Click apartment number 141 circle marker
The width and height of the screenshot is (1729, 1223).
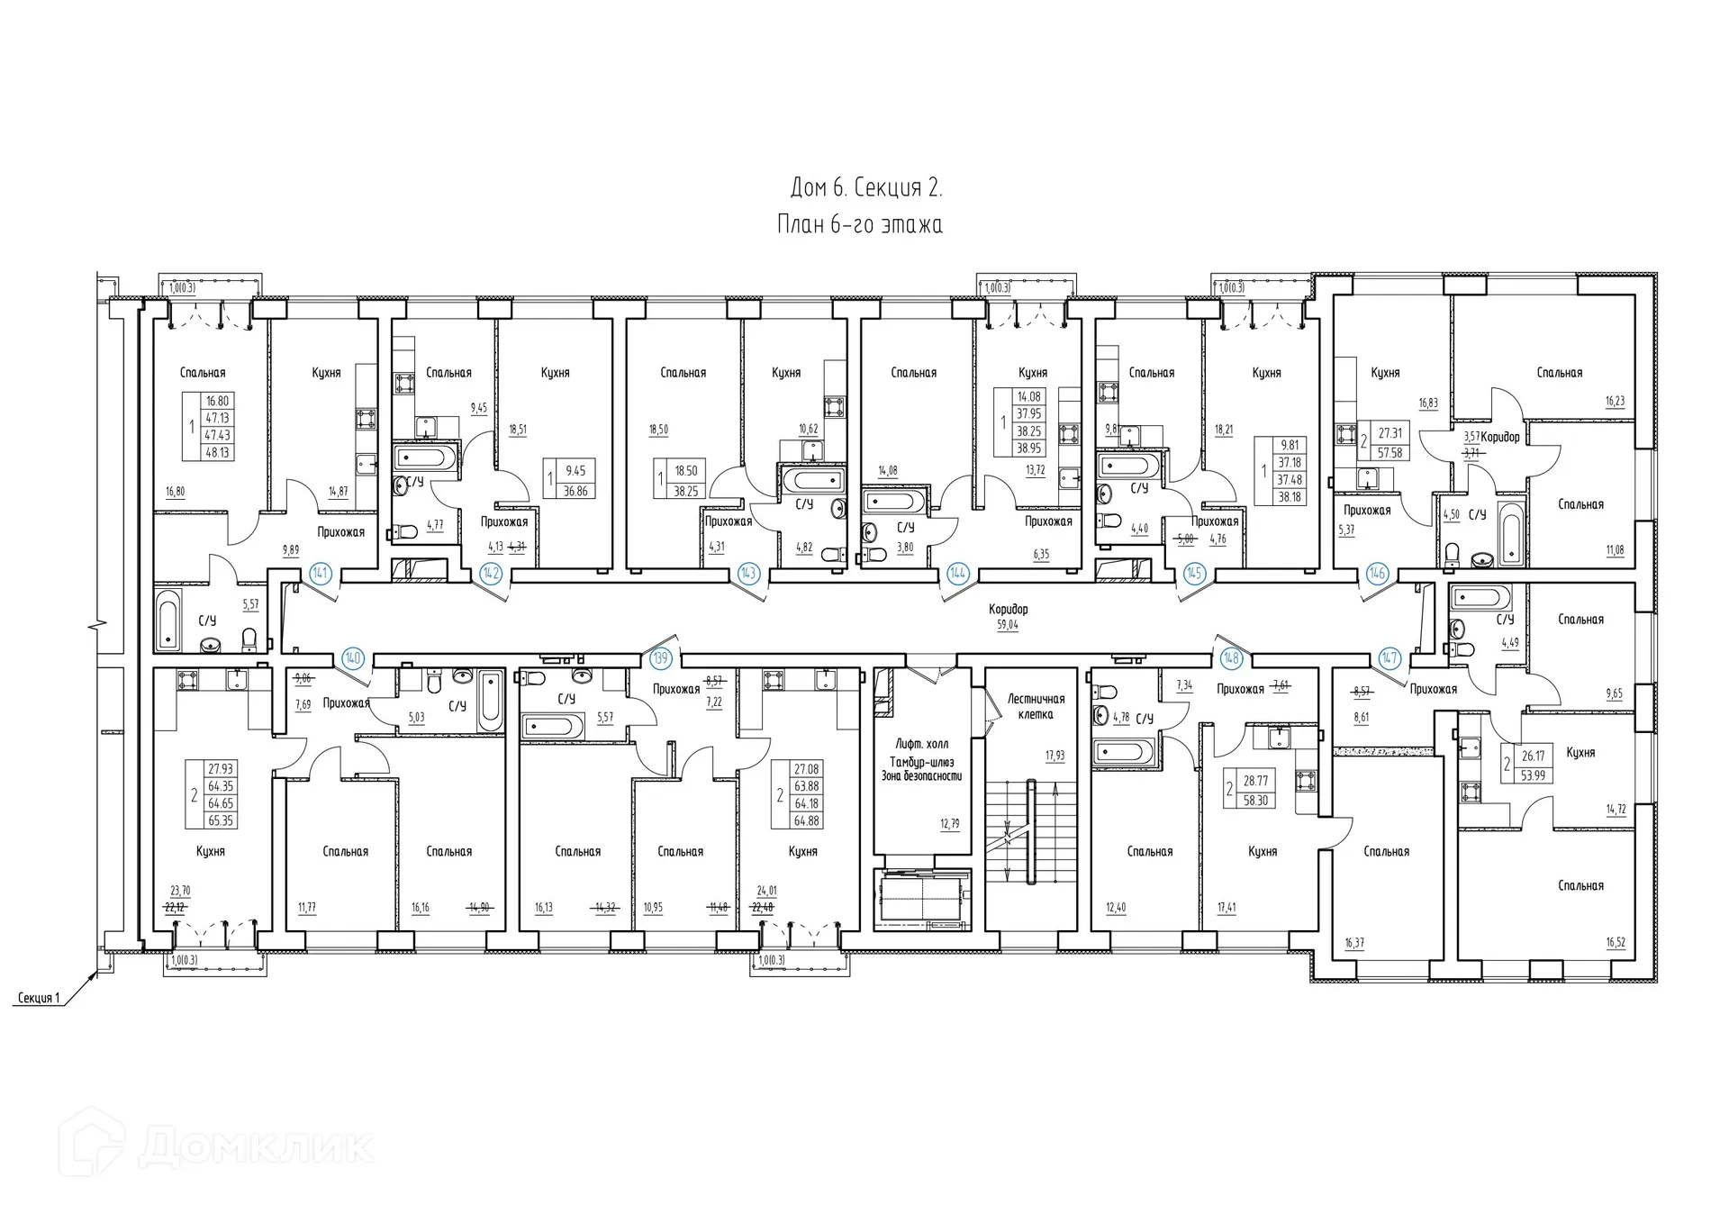coord(320,573)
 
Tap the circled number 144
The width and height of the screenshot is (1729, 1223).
coord(957,573)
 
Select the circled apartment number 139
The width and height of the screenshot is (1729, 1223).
coord(661,658)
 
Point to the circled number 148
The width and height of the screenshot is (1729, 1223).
coord(1230,658)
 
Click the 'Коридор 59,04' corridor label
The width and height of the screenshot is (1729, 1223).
coord(1007,617)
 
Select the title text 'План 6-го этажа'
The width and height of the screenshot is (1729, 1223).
coord(860,224)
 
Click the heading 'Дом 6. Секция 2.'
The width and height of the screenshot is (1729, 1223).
coord(865,187)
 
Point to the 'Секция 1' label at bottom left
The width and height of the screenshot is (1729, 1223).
coord(38,998)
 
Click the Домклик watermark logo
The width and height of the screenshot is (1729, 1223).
coord(216,1146)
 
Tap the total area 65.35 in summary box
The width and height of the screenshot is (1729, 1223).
coord(221,820)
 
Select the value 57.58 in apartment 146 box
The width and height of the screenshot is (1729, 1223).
coord(1390,453)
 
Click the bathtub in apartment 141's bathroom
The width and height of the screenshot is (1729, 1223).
coord(168,620)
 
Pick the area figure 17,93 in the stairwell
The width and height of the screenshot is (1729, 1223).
coord(1055,756)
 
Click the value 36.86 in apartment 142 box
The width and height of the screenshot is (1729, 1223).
coord(575,491)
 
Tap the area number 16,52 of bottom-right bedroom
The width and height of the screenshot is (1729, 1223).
coord(1616,943)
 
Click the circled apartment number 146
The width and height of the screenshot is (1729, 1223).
coord(1377,573)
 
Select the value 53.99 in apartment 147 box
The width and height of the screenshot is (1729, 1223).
coord(1533,775)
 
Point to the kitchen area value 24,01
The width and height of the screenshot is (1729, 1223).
coord(766,892)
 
